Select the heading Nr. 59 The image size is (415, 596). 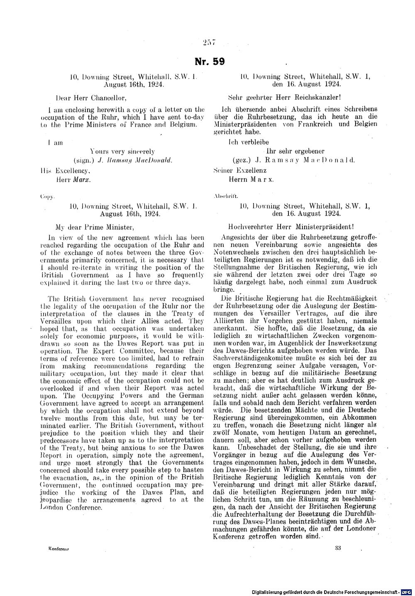pos(210,62)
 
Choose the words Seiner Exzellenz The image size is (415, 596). pos(240,170)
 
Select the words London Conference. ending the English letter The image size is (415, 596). pos(75,507)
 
